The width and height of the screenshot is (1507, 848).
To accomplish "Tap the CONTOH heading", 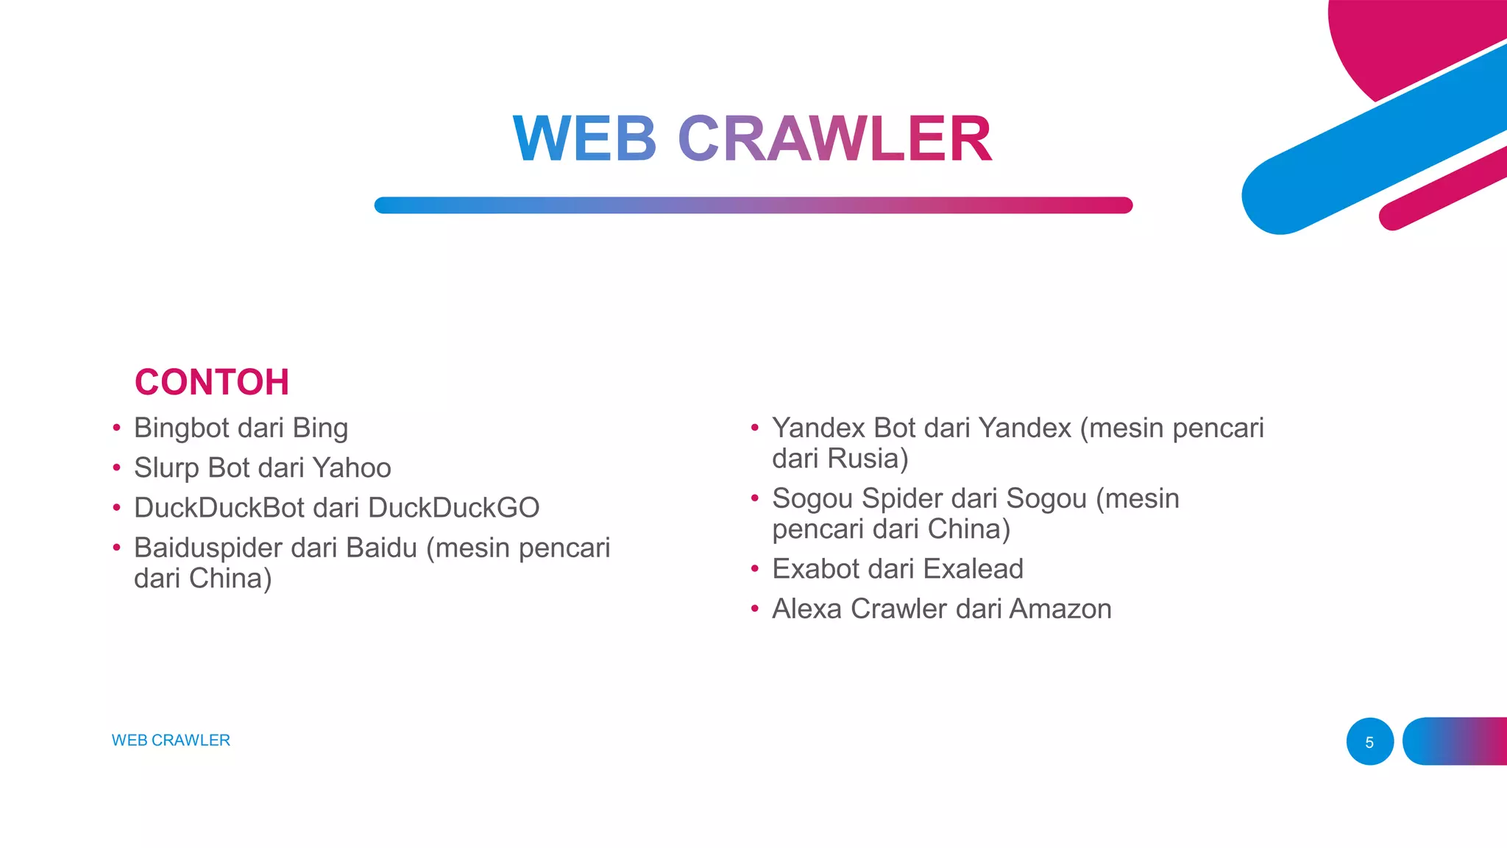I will tap(212, 382).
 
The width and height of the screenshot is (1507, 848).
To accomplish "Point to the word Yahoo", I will tap(352, 468).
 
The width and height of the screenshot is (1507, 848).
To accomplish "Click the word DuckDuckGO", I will tap(453, 508).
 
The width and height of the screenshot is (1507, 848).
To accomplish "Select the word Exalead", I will tap(973, 569).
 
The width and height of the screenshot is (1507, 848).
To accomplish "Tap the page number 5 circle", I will tap(1369, 741).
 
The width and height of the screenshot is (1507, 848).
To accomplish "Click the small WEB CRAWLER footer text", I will tap(171, 741).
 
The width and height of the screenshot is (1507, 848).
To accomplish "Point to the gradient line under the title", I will tap(753, 205).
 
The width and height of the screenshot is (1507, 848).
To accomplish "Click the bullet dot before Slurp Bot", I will tap(116, 467).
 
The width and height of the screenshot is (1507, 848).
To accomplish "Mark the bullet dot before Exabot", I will tap(754, 568).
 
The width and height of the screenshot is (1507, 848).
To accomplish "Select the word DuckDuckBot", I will tap(219, 508).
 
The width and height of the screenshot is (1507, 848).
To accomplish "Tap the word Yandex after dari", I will tap(1024, 428).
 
